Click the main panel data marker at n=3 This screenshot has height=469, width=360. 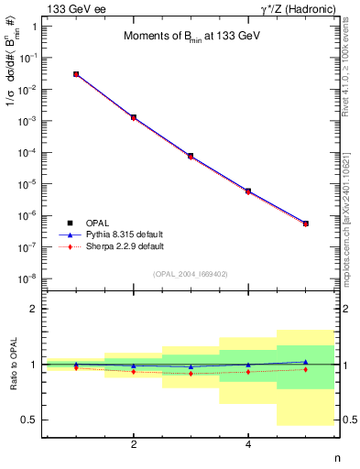191,156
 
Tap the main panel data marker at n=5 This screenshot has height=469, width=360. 305,223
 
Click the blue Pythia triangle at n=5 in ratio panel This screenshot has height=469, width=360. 305,362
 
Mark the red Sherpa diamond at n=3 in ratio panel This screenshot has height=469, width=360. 191,374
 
